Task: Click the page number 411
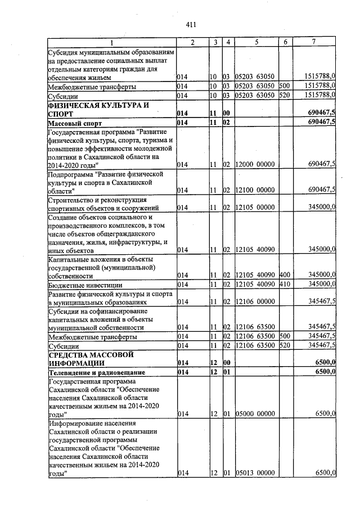tap(190, 24)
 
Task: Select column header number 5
tap(256, 43)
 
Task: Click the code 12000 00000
tap(255, 164)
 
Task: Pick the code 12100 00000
tap(255, 190)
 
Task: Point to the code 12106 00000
tap(255, 301)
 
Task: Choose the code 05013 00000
tap(255, 473)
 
